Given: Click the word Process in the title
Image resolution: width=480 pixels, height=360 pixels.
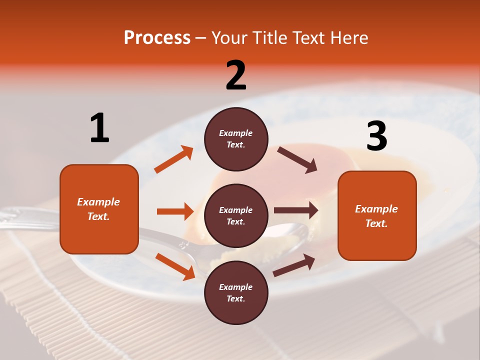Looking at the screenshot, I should (157, 38).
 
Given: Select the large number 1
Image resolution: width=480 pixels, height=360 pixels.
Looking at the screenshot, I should (99, 128).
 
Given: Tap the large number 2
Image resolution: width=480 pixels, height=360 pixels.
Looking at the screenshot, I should (236, 75).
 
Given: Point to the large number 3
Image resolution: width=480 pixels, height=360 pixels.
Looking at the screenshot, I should (376, 136).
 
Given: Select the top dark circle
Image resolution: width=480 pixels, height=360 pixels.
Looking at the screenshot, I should (236, 139).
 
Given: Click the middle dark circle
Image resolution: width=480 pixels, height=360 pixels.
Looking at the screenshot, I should (236, 215).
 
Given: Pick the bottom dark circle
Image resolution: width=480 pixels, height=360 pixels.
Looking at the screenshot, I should (236, 292).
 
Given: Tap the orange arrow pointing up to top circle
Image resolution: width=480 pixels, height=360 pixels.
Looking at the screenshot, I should (174, 159).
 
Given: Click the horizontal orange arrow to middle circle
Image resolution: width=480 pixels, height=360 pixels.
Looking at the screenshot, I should (175, 211).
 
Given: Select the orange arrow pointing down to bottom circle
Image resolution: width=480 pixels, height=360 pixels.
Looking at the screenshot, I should (175, 266).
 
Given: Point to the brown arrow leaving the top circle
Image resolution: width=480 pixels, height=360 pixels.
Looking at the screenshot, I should (297, 160).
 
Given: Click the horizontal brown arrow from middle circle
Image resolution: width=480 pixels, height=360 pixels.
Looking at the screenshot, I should (296, 210).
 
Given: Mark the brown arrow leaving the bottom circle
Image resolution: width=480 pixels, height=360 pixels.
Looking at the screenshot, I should (294, 265).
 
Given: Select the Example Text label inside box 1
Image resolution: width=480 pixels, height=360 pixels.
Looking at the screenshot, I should (98, 209).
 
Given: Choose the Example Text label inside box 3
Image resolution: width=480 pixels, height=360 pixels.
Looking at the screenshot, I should (376, 216).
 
